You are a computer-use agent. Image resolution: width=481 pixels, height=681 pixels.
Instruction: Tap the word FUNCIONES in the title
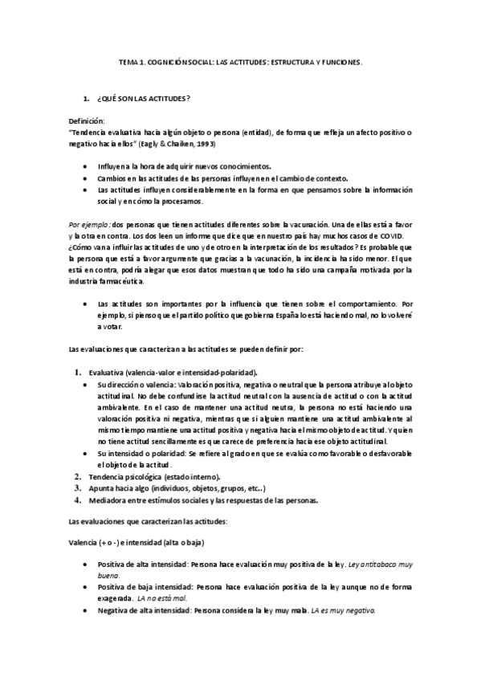[x=339, y=61]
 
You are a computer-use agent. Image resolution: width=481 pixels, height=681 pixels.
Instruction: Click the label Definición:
[x=87, y=119]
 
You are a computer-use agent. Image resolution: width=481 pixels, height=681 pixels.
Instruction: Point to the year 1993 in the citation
[x=204, y=142]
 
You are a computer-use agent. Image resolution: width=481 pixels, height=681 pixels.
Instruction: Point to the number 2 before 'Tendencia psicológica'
[x=78, y=477]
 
